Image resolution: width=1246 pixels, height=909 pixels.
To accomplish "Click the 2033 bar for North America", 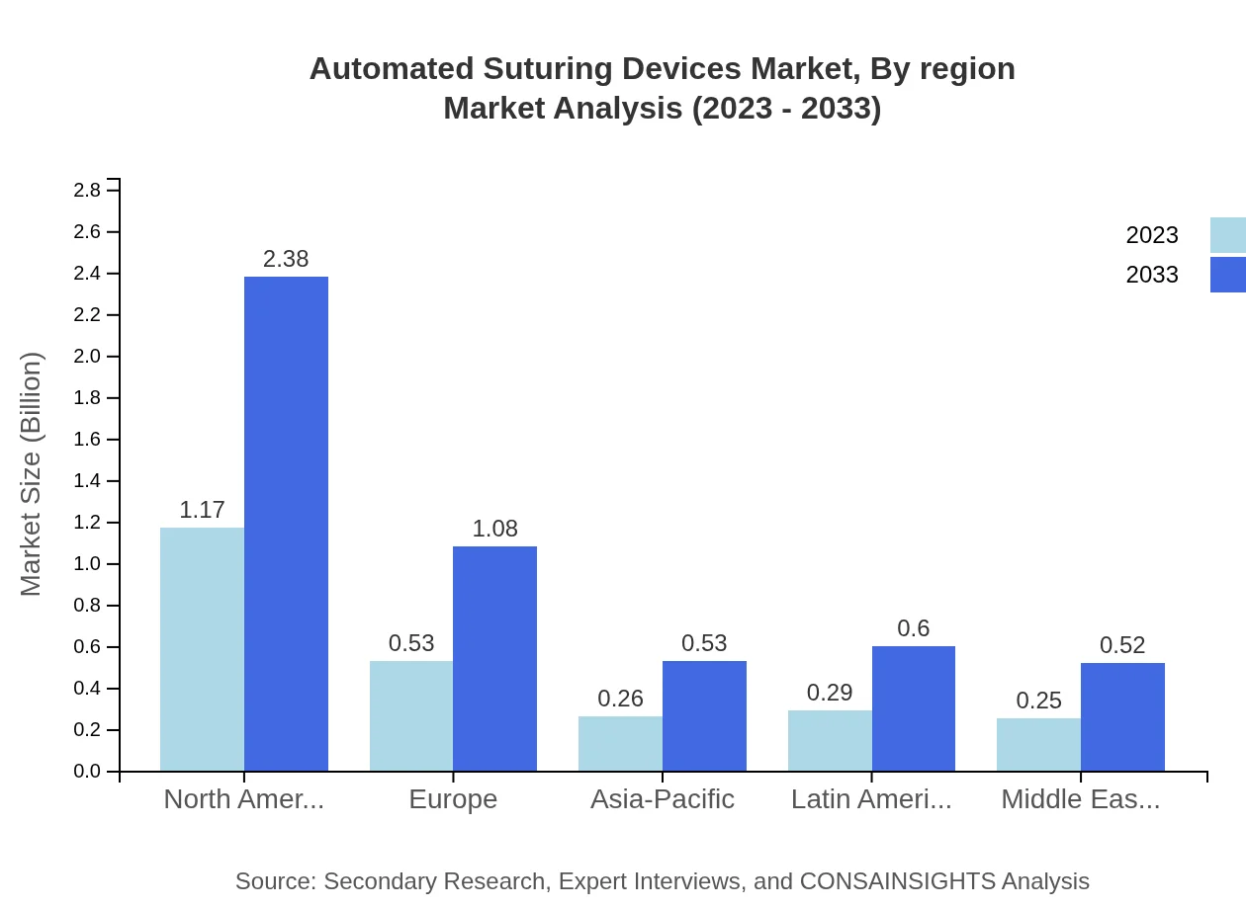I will pos(286,524).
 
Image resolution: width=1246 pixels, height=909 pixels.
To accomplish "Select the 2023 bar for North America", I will pos(202,649).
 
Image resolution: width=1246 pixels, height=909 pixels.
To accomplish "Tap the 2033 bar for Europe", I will pos(494,658).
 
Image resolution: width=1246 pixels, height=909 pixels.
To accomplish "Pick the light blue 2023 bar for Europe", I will pos(411,715).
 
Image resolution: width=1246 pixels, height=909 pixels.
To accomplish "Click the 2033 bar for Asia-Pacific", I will pos(704,715).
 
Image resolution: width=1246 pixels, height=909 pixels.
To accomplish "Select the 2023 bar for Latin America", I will pos(830,740).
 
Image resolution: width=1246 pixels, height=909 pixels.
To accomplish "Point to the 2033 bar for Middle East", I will pos(1122,716).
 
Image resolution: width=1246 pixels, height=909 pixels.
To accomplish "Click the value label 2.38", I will pos(286,259).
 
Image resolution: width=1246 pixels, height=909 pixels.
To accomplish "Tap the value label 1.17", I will pos(202,510).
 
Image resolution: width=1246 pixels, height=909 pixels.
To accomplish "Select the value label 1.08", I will pos(494,529).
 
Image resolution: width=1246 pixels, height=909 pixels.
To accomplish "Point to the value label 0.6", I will pos(913,628).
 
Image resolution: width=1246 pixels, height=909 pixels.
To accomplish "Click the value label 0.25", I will pos(1038,701).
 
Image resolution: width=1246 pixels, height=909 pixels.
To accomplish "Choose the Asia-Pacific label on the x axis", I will pos(662,799).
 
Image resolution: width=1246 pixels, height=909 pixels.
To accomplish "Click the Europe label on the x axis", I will pos(453,799).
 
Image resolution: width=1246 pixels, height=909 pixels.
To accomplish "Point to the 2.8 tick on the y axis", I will pos(88,191).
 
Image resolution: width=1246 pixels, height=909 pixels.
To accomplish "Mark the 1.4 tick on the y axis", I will pos(88,481).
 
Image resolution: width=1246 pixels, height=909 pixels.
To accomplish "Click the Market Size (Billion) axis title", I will pos(32,474).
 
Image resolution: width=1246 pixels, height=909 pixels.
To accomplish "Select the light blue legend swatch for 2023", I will pos(1227,235).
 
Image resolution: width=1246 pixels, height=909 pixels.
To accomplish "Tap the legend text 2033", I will pos(1152,275).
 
